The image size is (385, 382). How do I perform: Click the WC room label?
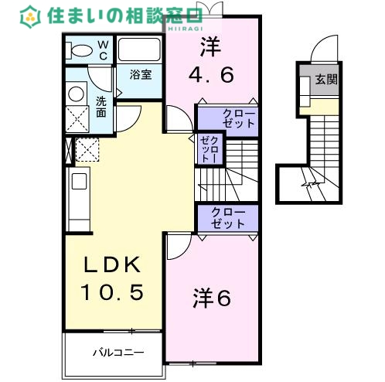103,50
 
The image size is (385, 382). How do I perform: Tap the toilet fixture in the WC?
79,51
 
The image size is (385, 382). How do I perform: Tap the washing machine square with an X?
77,119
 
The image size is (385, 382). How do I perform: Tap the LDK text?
114,265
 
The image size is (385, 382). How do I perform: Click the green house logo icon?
31,15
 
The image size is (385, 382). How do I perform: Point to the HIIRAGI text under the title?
180,28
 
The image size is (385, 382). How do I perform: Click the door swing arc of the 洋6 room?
175,245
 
